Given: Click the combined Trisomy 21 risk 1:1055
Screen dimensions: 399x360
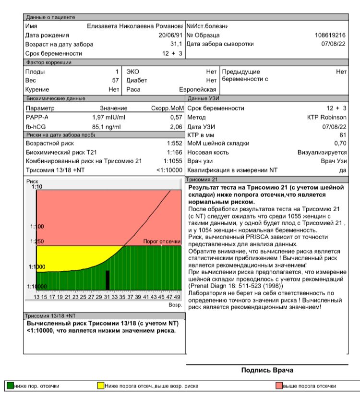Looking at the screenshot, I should click(173, 161).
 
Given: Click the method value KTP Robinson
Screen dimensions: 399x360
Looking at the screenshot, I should click(327, 117).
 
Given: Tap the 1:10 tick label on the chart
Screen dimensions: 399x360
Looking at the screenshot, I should click(36, 187).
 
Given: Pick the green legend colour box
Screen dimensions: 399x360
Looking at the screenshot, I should click(10, 386).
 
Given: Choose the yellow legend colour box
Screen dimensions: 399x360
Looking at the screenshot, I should click(101, 386).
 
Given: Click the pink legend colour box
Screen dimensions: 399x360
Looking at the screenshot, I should click(278, 386).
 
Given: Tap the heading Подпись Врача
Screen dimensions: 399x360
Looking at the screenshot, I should click(267, 370).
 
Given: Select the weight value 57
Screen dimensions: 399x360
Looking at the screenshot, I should click(108, 80).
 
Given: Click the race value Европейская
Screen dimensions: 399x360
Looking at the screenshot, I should click(198, 89).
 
